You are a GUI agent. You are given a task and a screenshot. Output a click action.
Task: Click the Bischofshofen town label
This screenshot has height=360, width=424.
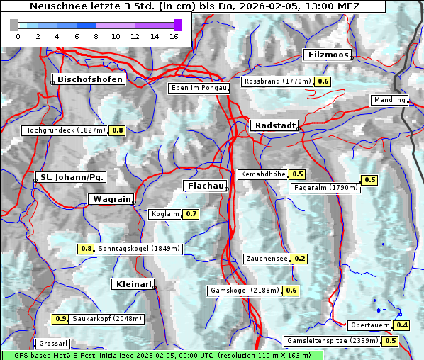click(x=90, y=80)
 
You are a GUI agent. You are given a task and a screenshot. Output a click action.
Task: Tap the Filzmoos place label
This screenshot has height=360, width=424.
click(x=327, y=55)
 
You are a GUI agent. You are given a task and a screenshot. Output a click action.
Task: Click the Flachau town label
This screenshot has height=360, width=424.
click(x=206, y=186)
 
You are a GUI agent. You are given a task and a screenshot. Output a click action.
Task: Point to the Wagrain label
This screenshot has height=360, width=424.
click(x=111, y=199)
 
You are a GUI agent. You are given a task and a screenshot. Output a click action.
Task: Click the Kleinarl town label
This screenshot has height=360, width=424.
click(x=133, y=284)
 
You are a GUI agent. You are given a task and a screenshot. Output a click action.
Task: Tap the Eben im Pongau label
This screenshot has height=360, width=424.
click(x=198, y=88)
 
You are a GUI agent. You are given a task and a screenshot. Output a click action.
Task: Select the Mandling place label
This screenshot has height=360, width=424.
click(x=389, y=100)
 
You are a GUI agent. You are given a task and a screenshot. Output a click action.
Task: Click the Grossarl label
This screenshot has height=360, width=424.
click(x=52, y=344)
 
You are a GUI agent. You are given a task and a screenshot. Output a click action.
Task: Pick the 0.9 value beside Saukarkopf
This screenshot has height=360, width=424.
click(x=61, y=319)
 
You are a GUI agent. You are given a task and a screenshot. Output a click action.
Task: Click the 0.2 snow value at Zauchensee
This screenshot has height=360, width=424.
click(x=299, y=259)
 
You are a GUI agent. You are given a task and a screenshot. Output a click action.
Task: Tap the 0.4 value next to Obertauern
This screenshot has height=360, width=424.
click(x=402, y=325)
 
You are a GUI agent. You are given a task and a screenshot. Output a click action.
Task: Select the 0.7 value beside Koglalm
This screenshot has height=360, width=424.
click(x=191, y=214)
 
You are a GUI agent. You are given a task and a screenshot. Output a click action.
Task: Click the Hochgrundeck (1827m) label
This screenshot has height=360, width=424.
click(x=65, y=130)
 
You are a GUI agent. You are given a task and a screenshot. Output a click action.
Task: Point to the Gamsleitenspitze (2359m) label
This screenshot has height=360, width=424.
click(x=331, y=341)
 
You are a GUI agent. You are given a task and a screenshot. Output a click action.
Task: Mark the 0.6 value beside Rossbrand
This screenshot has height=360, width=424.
click(x=323, y=81)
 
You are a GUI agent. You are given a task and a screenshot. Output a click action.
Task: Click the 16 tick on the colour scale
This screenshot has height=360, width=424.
click(x=174, y=35)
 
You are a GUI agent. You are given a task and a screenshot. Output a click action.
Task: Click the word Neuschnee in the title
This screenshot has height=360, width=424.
click(x=54, y=6)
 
